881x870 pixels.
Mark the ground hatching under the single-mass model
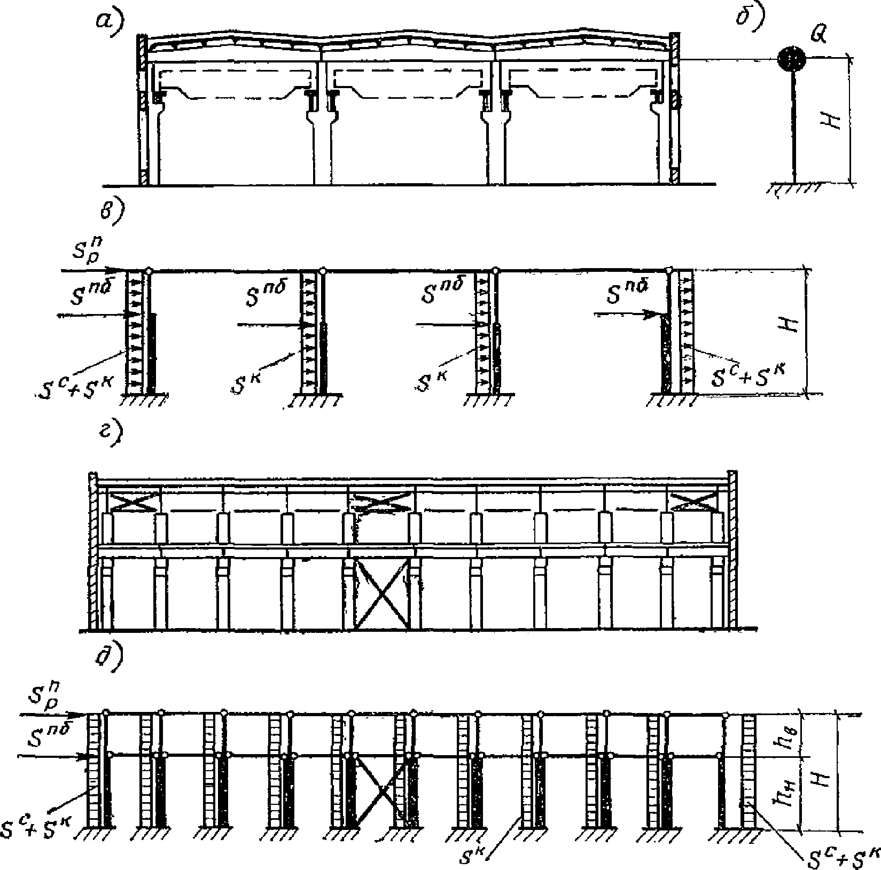[795, 190]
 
